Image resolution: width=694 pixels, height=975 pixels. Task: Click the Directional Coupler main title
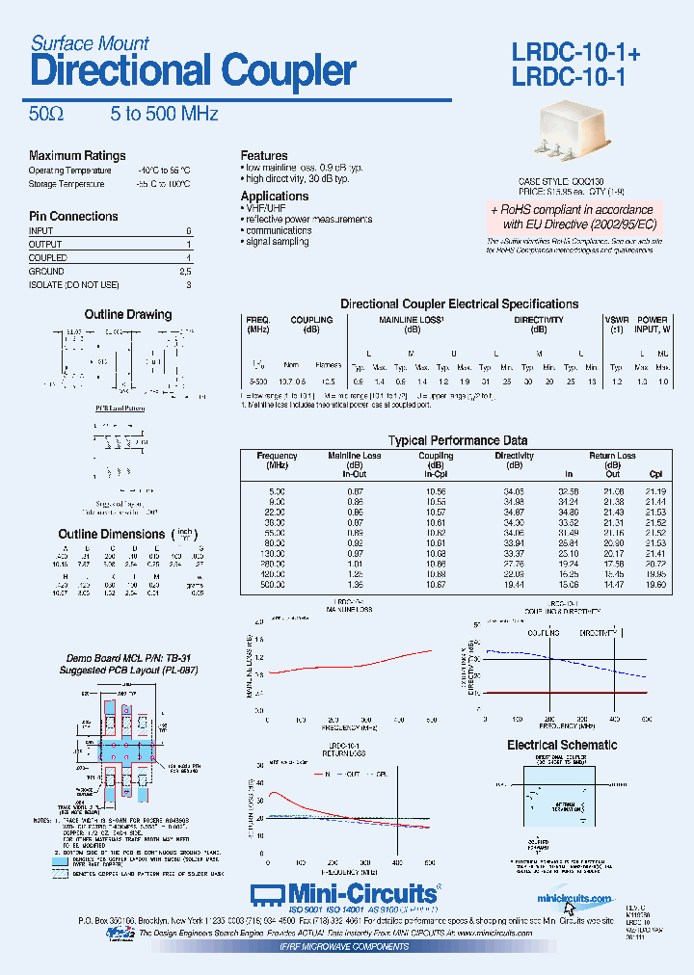pyautogui.click(x=193, y=72)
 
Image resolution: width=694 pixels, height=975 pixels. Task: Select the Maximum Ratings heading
pyautogui.click(x=77, y=155)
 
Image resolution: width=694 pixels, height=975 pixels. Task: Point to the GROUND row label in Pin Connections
pyautogui.click(x=48, y=272)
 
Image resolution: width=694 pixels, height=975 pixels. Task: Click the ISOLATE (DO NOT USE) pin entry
pyautogui.click(x=74, y=285)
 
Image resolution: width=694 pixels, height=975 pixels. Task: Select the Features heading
pyautogui.click(x=264, y=155)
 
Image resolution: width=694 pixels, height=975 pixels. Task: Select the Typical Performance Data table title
pyautogui.click(x=458, y=440)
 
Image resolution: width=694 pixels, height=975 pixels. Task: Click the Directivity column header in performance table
pyautogui.click(x=514, y=456)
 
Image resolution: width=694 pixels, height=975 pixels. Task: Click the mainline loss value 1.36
pyautogui.click(x=355, y=585)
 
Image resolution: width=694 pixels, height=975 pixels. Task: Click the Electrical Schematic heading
pyautogui.click(x=562, y=745)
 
